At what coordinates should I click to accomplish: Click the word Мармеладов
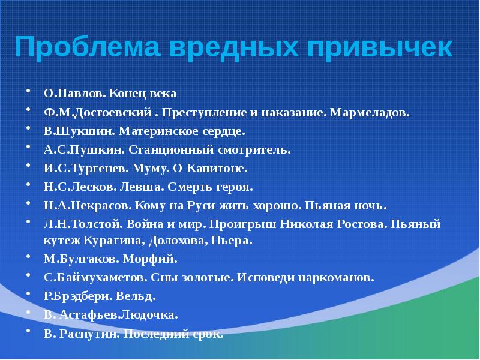pos(371,112)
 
